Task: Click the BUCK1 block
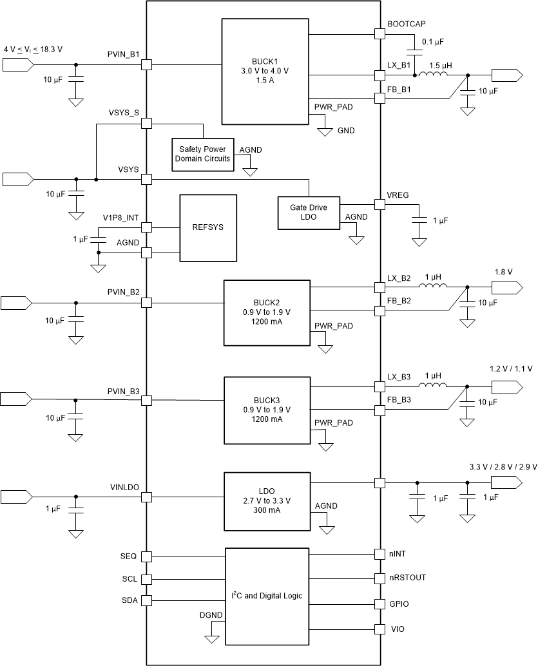tap(265, 71)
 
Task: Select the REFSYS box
tap(204, 227)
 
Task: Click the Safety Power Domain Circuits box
tap(204, 154)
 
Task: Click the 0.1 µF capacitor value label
tap(432, 42)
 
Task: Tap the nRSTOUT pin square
tap(379, 578)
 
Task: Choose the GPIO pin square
tap(379, 604)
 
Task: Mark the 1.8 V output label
tap(503, 272)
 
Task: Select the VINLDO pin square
tap(146, 497)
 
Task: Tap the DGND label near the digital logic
tap(211, 615)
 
